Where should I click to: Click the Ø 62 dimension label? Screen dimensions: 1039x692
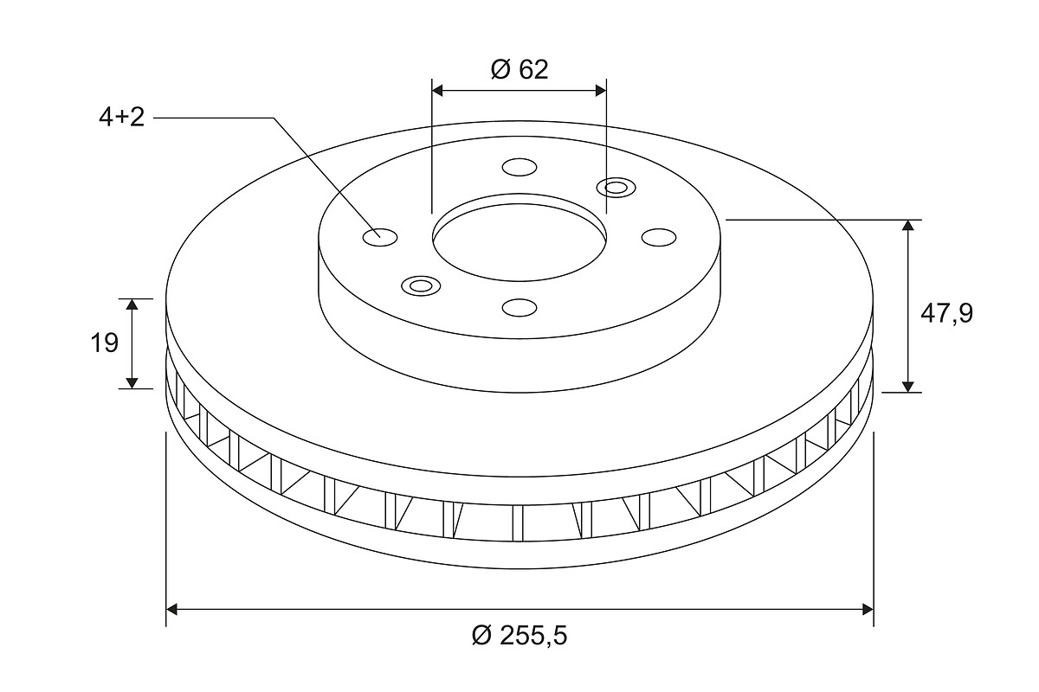(519, 69)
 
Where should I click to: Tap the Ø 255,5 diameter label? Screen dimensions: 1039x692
(519, 635)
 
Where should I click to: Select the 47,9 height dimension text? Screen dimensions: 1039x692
(946, 314)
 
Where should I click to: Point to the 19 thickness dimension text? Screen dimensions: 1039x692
(105, 343)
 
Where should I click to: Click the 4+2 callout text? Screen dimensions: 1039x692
(121, 118)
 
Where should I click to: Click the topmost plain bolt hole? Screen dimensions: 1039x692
(519, 167)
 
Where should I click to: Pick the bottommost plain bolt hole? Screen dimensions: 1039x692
(519, 307)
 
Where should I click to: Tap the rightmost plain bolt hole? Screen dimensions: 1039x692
(659, 237)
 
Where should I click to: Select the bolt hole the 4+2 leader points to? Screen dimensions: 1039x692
(380, 237)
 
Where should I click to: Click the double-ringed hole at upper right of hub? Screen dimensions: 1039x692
(616, 188)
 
